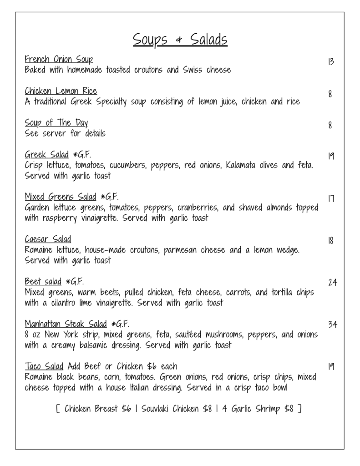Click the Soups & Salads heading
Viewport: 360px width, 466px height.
point(180,40)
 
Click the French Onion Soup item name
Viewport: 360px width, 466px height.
point(59,60)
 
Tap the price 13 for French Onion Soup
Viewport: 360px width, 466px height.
point(330,61)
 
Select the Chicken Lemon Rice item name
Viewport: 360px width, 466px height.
point(61,91)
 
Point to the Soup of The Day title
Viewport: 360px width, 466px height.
point(56,123)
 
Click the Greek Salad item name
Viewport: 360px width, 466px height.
point(47,154)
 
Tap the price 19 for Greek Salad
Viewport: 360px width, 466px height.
point(330,156)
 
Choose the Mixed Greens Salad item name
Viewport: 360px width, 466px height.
point(61,197)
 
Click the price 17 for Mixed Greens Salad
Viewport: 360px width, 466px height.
point(330,198)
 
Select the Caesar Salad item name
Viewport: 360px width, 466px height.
point(48,239)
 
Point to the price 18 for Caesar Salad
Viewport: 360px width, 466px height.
point(330,241)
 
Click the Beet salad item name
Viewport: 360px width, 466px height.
point(43,281)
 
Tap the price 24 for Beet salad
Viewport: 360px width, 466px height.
point(332,283)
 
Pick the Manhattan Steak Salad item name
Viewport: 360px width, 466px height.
point(66,324)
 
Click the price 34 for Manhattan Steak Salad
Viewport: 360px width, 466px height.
point(332,324)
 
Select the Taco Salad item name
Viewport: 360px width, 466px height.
point(45,366)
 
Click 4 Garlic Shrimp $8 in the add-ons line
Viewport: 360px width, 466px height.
point(258,409)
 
